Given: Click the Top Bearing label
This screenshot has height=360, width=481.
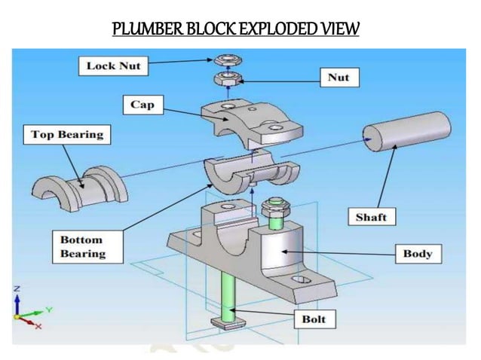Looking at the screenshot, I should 67,136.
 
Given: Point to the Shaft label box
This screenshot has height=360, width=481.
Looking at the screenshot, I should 371,217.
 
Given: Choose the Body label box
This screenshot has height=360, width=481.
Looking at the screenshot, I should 417,253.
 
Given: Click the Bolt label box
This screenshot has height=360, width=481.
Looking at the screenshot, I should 313,319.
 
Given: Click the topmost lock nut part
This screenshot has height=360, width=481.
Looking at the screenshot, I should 225,59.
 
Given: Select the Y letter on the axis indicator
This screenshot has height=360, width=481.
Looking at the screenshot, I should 47,308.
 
